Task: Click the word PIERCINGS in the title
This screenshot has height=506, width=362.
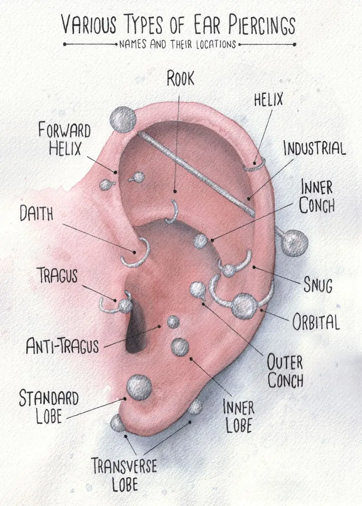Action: pyautogui.click(x=262, y=26)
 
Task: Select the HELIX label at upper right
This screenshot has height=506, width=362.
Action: pyautogui.click(x=269, y=100)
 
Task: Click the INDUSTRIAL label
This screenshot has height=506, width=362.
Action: pyautogui.click(x=315, y=148)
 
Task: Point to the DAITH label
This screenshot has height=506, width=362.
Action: pyautogui.click(x=36, y=213)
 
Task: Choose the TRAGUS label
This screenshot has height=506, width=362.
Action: pyautogui.click(x=58, y=275)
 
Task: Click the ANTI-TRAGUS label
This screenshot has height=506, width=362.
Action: pyautogui.click(x=63, y=346)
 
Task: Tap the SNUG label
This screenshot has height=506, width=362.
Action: pyautogui.click(x=318, y=285)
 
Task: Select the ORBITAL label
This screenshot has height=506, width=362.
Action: pyautogui.click(x=316, y=322)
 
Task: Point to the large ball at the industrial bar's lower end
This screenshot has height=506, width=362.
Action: pyautogui.click(x=295, y=243)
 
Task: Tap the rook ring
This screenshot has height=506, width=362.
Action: pyautogui.click(x=173, y=212)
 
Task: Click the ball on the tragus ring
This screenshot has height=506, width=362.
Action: pyautogui.click(x=125, y=306)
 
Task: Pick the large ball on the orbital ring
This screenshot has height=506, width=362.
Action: pyautogui.click(x=244, y=306)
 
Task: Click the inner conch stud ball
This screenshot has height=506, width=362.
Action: pyautogui.click(x=201, y=242)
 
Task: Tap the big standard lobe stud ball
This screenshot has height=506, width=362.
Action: pyautogui.click(x=139, y=388)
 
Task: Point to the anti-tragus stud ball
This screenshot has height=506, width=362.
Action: pyautogui.click(x=173, y=322)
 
